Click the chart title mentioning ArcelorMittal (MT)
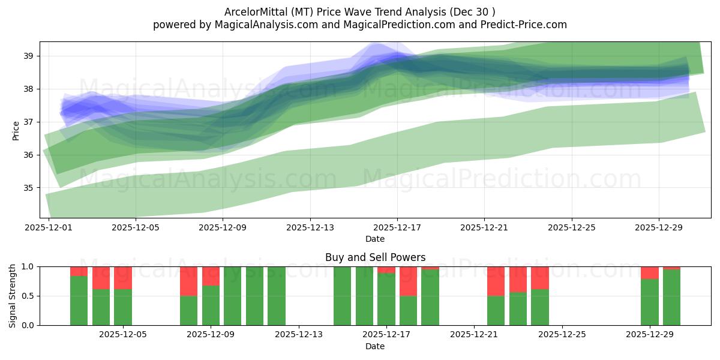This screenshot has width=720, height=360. (359, 12)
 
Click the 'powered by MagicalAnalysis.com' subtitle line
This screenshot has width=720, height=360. (359, 25)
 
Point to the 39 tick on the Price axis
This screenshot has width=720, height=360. (28, 56)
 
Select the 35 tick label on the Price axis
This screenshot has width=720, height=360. (28, 188)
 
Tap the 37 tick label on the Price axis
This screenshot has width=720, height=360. (28, 122)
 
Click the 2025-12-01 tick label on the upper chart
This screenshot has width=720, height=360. (49, 228)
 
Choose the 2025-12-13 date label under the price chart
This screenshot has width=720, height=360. (310, 228)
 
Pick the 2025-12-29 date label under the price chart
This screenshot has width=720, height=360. (659, 228)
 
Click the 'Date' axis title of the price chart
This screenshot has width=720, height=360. (375, 239)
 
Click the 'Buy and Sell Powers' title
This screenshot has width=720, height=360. (375, 257)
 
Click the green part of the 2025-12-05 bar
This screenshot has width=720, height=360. (123, 307)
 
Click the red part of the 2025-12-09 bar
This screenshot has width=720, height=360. (211, 275)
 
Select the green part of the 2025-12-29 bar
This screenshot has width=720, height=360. (650, 302)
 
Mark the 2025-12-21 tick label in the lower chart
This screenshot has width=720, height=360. (474, 335)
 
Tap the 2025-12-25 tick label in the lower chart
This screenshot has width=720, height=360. (562, 335)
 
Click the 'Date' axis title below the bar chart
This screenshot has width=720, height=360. (375, 346)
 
